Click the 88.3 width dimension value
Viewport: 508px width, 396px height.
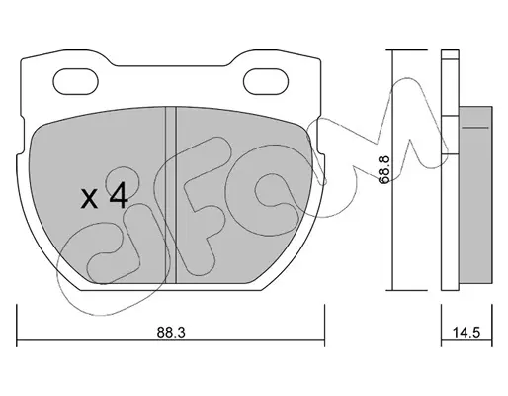tap(171, 333)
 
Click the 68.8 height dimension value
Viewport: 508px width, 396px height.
tap(383, 170)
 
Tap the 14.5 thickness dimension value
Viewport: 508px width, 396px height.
tap(466, 333)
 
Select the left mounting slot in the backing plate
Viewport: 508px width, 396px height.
tap(76, 81)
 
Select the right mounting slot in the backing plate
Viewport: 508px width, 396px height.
tap(266, 81)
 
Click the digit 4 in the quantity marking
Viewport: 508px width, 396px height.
tap(119, 195)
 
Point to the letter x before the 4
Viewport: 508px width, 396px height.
tap(90, 199)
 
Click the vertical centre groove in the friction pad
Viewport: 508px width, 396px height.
tap(171, 195)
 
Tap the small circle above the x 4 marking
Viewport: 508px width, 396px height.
tap(122, 181)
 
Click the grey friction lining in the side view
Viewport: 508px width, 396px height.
tap(475, 195)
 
